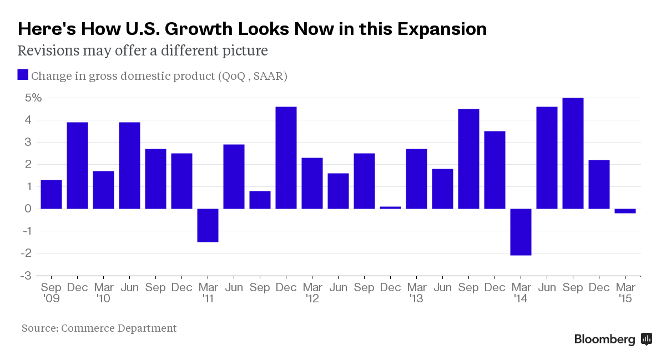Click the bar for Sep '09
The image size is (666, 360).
point(52,194)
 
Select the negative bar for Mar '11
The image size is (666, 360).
point(208,225)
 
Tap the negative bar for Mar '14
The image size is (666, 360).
point(521,232)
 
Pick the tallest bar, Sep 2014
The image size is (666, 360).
point(573,153)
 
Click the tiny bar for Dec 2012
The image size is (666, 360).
point(391,207)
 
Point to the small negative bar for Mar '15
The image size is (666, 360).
point(625,211)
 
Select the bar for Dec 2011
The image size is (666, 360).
point(286,158)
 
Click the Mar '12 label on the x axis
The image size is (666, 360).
point(312,293)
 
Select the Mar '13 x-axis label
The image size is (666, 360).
point(417,293)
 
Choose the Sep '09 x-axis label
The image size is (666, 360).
point(51,293)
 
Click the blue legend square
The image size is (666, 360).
point(23,75)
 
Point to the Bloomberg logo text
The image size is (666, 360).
point(604,339)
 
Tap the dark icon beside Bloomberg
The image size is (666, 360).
point(647,339)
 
